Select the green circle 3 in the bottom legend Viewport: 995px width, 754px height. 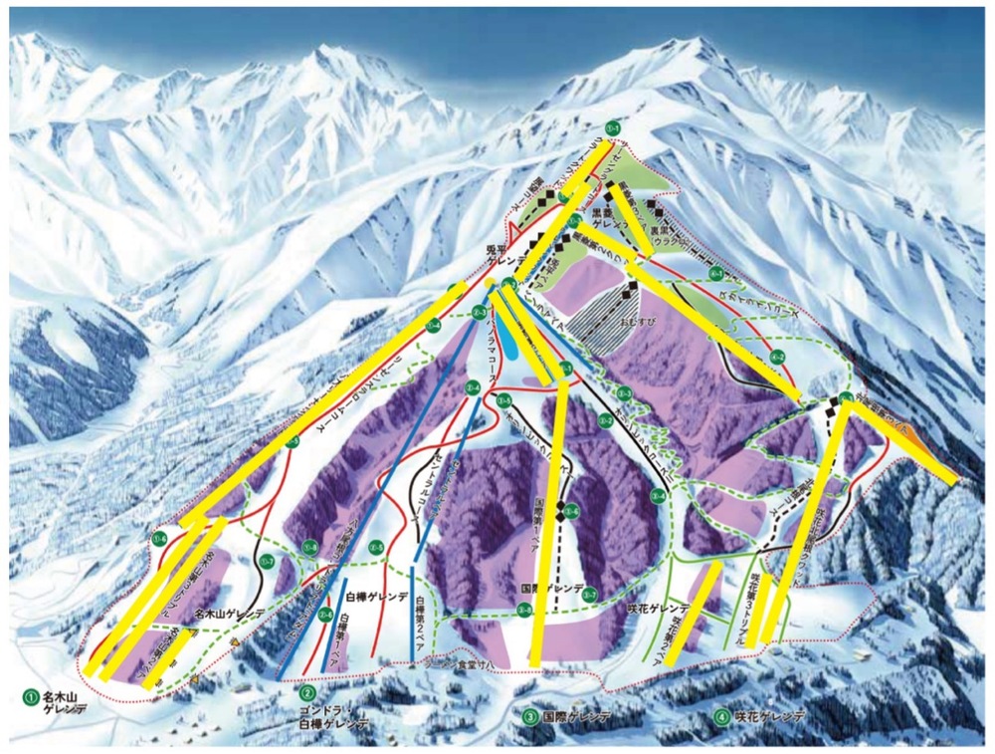point(530,715)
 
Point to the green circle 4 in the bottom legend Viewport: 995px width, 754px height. point(720,715)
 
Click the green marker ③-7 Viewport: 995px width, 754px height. point(589,595)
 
